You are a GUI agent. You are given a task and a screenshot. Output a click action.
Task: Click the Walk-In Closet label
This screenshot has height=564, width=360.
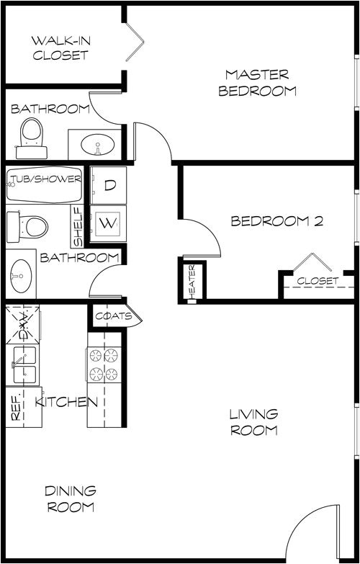click(60, 47)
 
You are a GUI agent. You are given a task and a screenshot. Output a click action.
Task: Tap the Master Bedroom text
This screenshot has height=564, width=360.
click(257, 83)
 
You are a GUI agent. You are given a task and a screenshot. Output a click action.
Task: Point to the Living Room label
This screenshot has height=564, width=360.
click(253, 422)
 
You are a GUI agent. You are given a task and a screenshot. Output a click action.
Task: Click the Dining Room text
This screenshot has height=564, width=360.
click(70, 498)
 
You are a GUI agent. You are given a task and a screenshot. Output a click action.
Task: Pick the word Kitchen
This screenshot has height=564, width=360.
click(66, 402)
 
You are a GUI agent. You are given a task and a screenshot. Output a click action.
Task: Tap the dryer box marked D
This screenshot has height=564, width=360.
click(109, 185)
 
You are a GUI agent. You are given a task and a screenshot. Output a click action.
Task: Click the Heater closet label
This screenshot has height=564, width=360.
click(192, 281)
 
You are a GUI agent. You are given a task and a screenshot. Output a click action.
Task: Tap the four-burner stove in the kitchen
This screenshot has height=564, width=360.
click(103, 364)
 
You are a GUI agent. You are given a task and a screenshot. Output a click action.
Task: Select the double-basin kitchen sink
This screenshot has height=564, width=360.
click(23, 365)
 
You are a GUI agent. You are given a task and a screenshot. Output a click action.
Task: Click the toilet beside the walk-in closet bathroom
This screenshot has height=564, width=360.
click(31, 137)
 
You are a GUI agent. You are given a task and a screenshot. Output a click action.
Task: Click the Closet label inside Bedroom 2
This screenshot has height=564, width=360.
click(318, 282)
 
